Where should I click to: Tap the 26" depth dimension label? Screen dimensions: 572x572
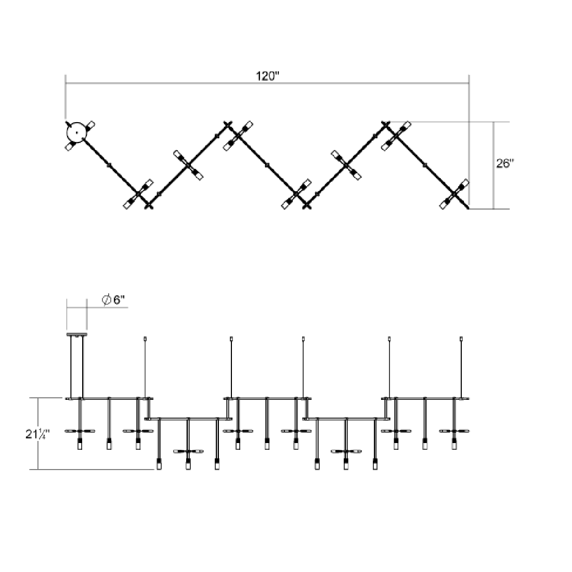coord(505,163)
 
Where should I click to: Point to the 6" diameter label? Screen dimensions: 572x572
coord(119,300)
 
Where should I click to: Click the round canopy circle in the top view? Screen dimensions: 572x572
coord(76,132)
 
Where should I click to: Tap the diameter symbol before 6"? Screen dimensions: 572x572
coord(106,300)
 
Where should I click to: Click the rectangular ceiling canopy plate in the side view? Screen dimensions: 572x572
coord(76,335)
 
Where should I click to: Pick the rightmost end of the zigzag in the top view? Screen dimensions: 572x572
coord(469,208)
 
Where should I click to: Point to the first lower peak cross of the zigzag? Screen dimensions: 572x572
coord(149,204)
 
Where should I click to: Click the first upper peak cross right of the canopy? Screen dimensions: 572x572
coord(227,125)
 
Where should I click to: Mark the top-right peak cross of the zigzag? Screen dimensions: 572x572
coord(385,124)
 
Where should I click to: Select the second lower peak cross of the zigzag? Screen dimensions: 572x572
coord(307,204)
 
